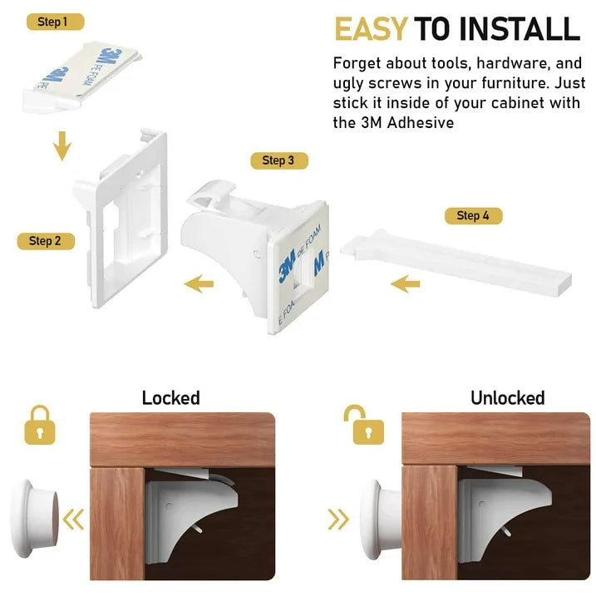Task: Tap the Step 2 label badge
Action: tap(46, 241)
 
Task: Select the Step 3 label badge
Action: tap(278, 160)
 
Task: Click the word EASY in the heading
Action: tap(371, 29)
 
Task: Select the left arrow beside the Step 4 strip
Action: tap(405, 285)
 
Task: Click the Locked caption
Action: tap(170, 398)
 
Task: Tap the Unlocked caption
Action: tap(507, 398)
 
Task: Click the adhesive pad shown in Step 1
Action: tap(83, 71)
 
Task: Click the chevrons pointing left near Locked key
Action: tap(74, 520)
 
